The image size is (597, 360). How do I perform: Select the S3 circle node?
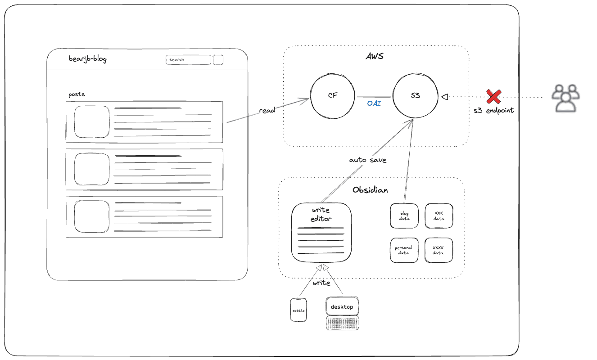click(415, 96)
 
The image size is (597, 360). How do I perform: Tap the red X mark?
click(493, 96)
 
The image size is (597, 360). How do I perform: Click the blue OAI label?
click(374, 103)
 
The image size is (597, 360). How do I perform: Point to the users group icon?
click(566, 98)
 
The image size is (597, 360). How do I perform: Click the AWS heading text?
click(374, 57)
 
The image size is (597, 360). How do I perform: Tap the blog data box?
click(404, 216)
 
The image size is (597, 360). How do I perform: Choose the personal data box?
click(404, 250)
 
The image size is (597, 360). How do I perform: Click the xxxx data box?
click(439, 250)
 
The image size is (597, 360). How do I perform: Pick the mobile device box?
click(298, 310)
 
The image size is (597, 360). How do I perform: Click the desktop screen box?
click(342, 306)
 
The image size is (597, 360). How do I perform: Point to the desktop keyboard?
click(343, 323)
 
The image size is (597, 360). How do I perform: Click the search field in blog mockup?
click(188, 60)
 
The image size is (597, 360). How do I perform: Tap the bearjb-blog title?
click(88, 58)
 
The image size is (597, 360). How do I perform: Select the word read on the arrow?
click(267, 110)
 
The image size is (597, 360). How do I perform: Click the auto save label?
click(367, 160)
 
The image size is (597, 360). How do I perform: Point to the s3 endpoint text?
click(493, 110)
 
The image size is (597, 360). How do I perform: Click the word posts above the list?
click(77, 94)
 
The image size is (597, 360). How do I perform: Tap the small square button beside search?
click(218, 60)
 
